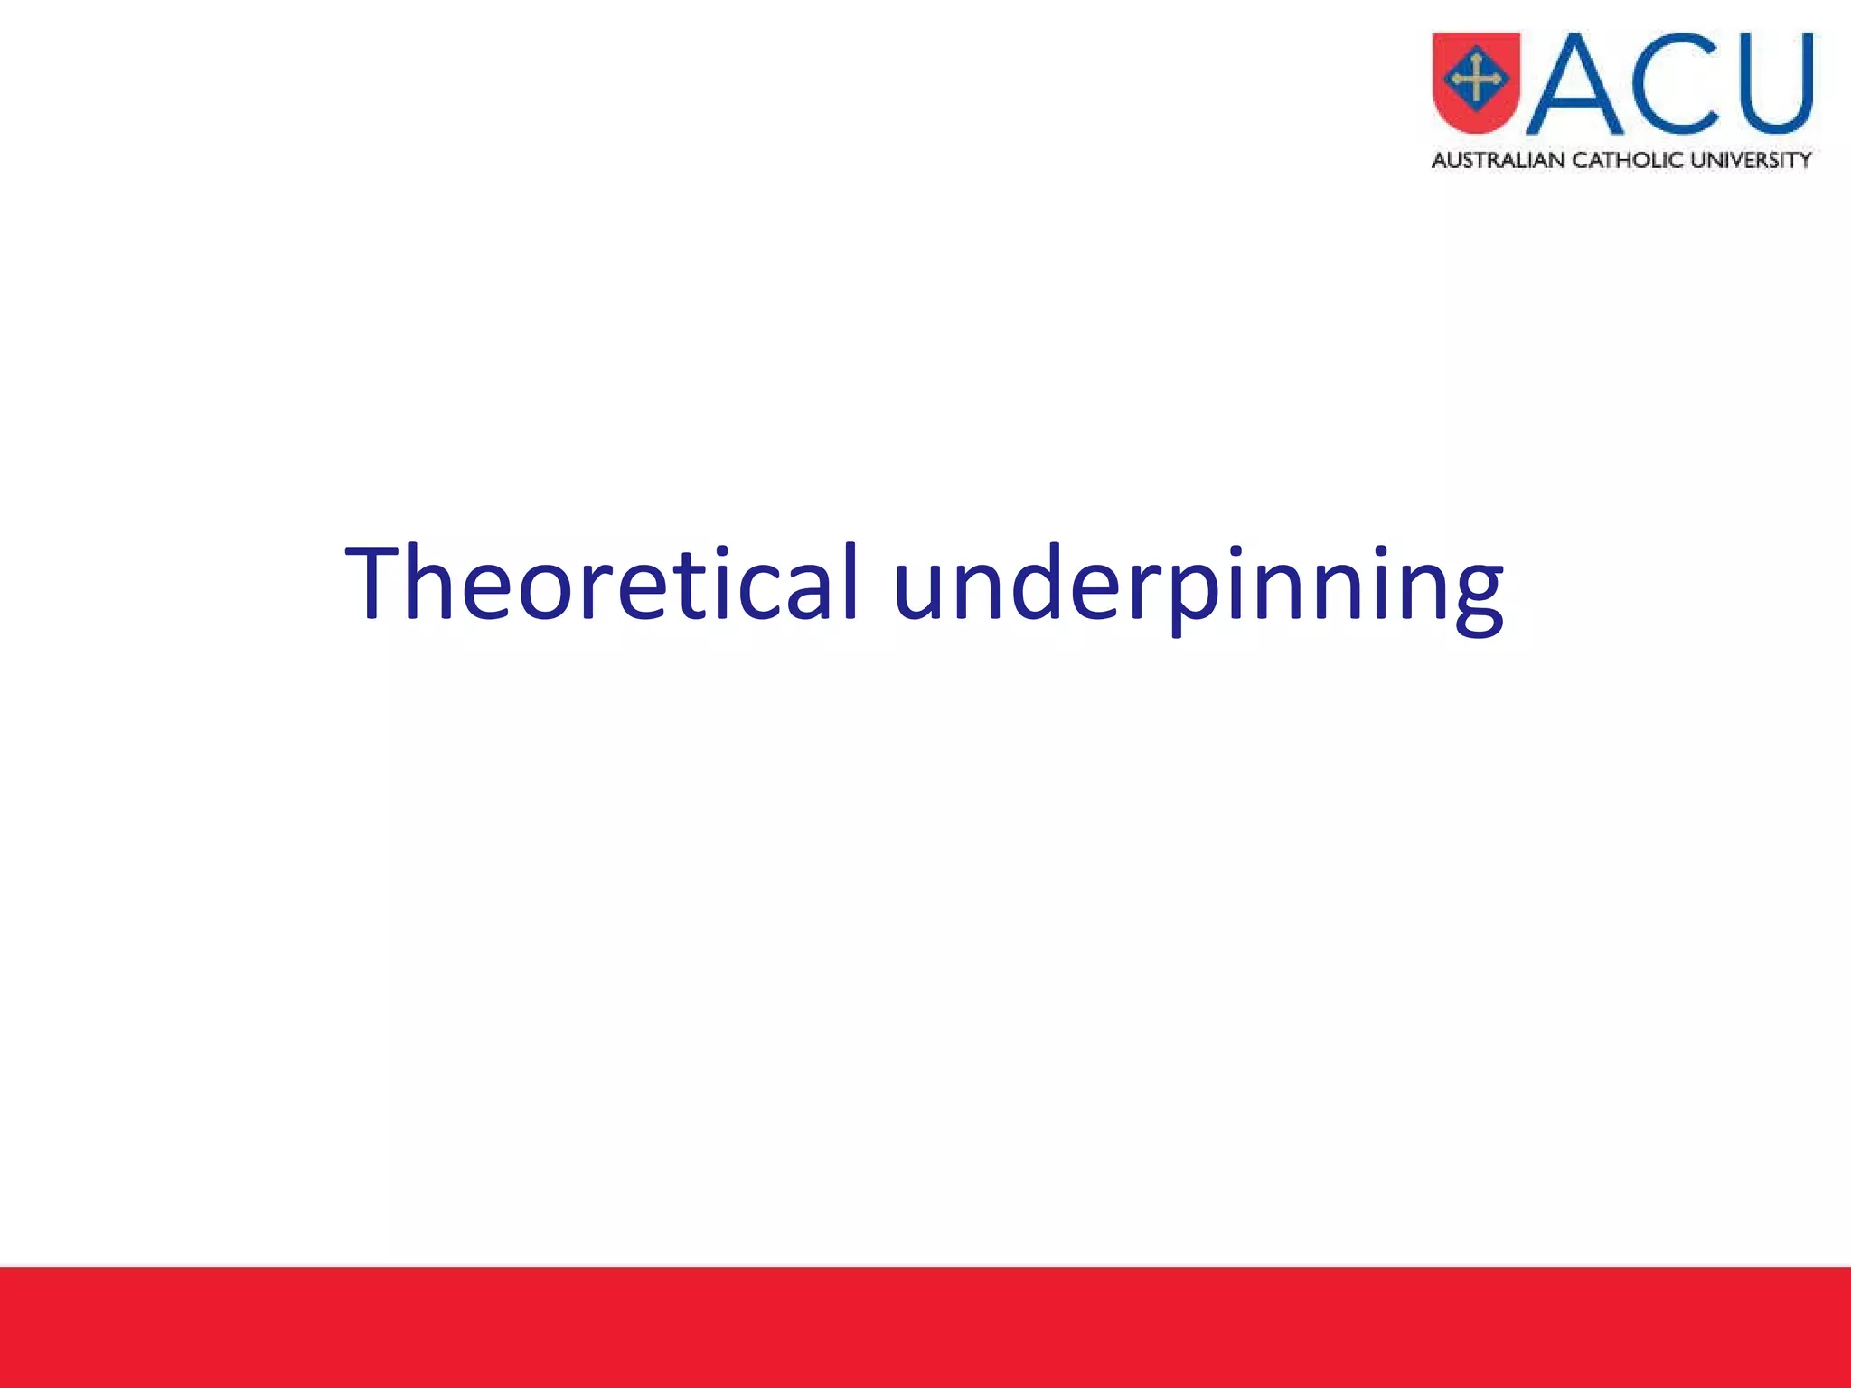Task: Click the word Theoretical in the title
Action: click(601, 583)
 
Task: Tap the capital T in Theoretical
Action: click(372, 583)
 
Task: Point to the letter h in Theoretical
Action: click(432, 583)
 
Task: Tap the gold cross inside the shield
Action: click(1476, 79)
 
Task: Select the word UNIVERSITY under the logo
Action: click(1751, 161)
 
